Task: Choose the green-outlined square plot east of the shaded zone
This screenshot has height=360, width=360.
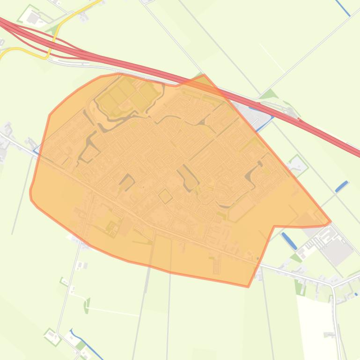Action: (x=297, y=164)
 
